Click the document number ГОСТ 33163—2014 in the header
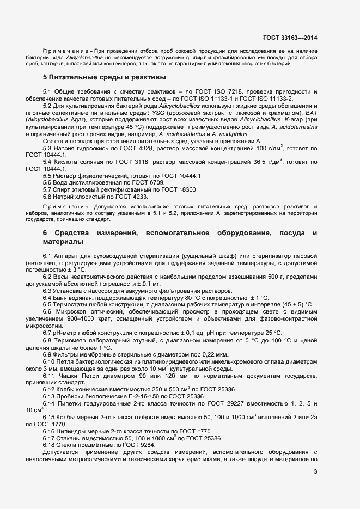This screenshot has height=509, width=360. [290, 38]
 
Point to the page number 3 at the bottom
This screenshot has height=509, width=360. [315, 471]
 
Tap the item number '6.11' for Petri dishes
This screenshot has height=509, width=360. [50, 376]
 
